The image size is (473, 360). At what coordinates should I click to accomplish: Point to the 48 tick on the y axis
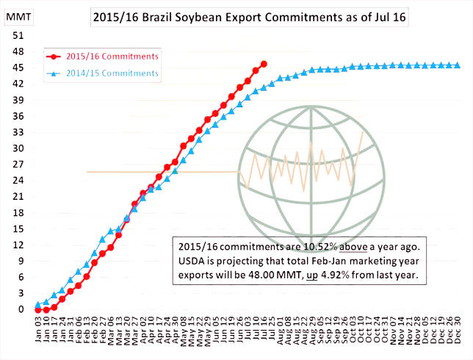(20, 51)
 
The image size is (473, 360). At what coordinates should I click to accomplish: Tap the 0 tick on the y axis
(23, 309)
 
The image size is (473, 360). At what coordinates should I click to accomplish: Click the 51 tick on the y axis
(20, 35)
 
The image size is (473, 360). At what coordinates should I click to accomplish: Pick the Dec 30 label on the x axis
(458, 332)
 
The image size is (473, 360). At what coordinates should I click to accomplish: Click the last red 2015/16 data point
(264, 64)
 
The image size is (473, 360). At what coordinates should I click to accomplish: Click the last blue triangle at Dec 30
(457, 65)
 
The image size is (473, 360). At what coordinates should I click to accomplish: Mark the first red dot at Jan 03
(38, 310)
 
